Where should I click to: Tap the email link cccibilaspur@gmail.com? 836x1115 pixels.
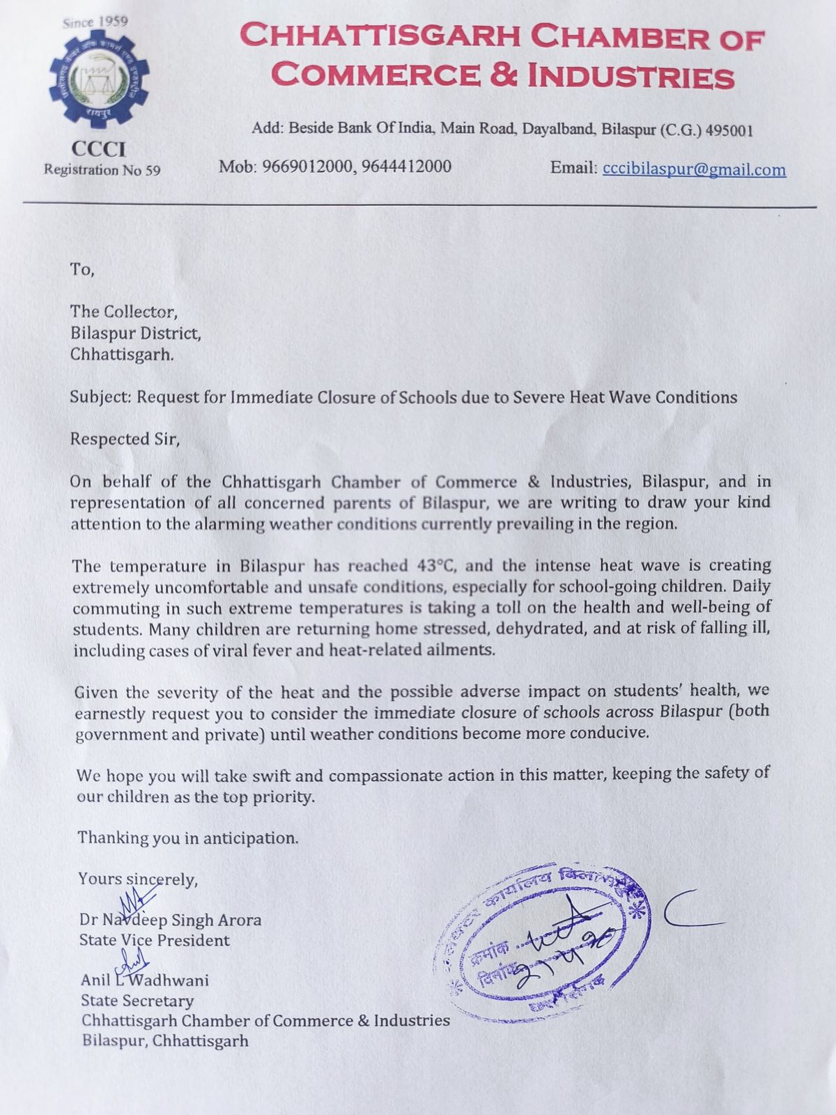click(x=694, y=169)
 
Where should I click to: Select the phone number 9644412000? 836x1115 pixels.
click(x=406, y=167)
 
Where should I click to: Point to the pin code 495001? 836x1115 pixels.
click(x=729, y=130)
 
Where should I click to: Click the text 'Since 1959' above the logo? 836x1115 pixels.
click(x=95, y=22)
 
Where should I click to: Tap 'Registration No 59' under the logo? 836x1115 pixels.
click(x=102, y=169)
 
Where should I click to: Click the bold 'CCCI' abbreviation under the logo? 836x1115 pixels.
click(x=98, y=148)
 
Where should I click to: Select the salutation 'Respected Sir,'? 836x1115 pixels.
click(x=125, y=439)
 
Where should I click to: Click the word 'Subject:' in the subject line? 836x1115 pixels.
click(x=100, y=397)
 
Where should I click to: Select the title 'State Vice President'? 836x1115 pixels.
click(x=155, y=940)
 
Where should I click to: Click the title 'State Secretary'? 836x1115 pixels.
click(x=137, y=1001)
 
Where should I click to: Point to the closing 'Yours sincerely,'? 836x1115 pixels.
click(x=138, y=879)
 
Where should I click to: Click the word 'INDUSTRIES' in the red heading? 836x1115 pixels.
click(x=630, y=77)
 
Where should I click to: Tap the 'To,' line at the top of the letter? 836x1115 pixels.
click(x=82, y=269)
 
